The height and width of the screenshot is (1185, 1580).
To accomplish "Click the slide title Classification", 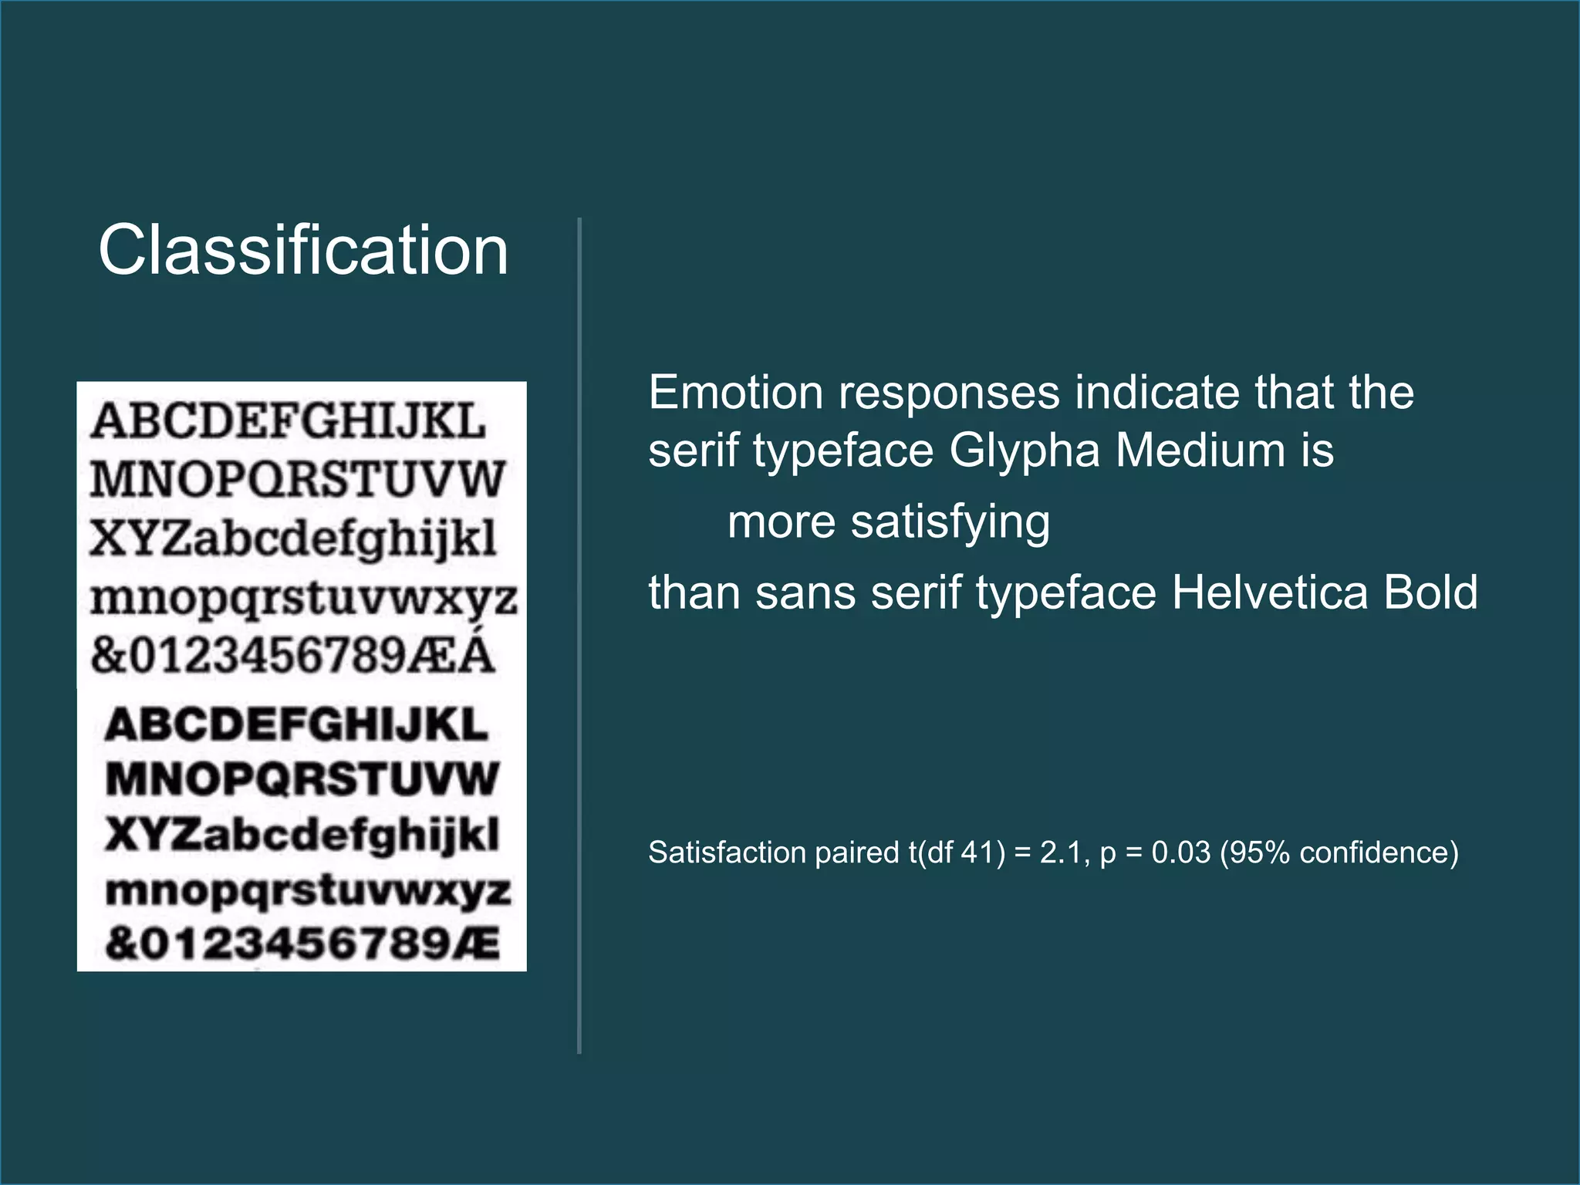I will [x=303, y=250].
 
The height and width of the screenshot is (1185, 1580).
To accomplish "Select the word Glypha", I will [x=1024, y=451].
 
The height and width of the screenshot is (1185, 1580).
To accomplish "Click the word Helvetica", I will [x=1270, y=592].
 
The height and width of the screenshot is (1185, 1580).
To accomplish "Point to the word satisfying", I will [x=950, y=523].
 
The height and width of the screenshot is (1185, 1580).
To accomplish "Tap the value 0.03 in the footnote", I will [x=1180, y=852].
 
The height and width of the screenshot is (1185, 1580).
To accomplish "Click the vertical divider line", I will [x=579, y=633].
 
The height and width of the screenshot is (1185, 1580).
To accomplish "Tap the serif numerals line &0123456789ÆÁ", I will [x=292, y=655].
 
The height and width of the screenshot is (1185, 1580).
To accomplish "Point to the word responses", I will [x=949, y=394].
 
